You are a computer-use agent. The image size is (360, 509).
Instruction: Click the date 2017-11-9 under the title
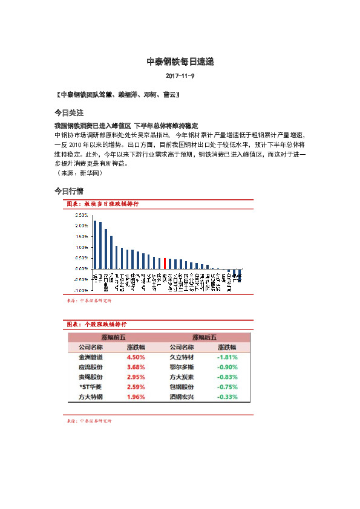point(180,76)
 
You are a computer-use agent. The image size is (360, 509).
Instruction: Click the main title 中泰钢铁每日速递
point(180,62)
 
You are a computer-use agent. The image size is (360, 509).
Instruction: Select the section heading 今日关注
point(68,113)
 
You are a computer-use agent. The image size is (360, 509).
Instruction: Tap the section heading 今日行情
point(68,191)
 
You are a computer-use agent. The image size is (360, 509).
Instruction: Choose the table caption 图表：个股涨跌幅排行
point(96,325)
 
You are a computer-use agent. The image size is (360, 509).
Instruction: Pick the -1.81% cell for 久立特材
point(227,357)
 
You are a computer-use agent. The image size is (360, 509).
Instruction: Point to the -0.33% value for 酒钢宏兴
point(227,397)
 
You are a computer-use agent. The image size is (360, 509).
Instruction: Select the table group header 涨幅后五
point(204,337)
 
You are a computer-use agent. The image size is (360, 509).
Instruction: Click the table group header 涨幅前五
point(113,337)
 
